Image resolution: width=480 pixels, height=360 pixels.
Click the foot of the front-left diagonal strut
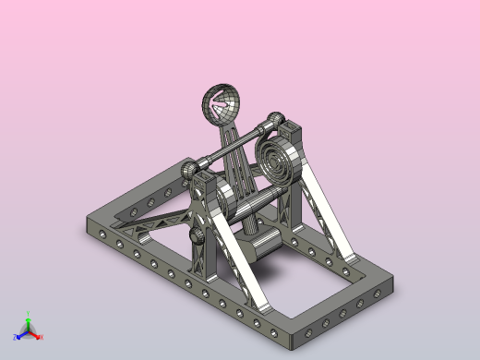coord(262,305)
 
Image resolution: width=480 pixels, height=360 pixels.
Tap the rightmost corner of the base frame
coord(391,287)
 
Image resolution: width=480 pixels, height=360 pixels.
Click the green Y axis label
coord(29,314)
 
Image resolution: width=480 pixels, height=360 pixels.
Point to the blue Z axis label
coord(16,337)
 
